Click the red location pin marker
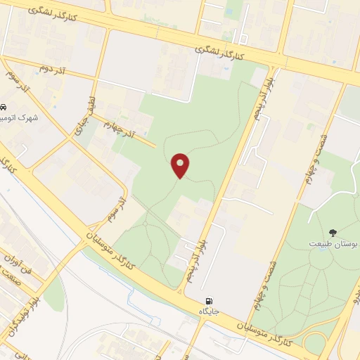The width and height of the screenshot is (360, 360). (181, 165)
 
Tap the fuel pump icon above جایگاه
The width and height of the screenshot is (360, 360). (208, 301)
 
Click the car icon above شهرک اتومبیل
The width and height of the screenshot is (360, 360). (5, 108)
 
